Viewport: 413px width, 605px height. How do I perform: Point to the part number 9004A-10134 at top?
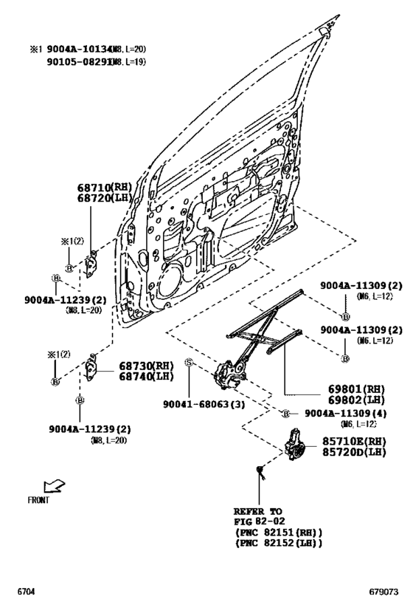80,49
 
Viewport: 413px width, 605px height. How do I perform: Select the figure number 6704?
27,592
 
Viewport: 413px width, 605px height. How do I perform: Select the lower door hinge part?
91,366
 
